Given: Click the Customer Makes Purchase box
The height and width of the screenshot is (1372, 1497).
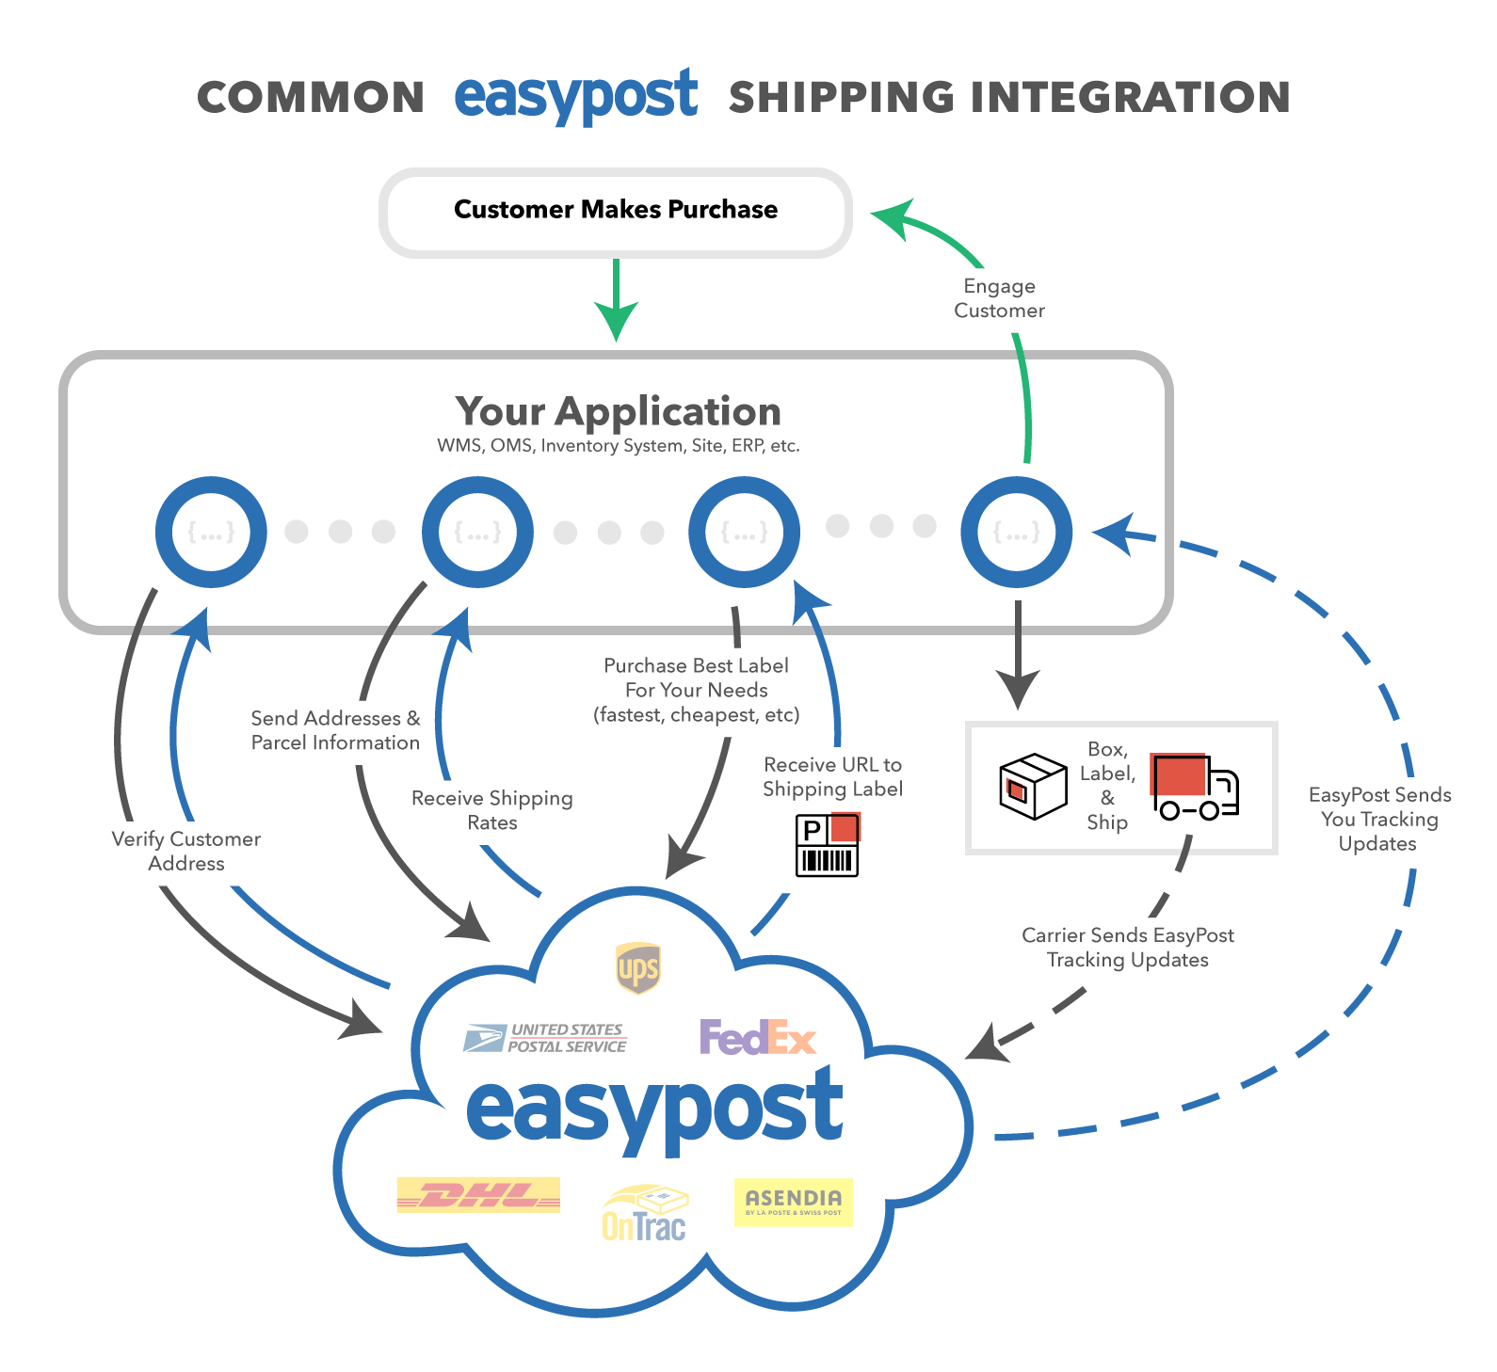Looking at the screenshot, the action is click(x=616, y=213).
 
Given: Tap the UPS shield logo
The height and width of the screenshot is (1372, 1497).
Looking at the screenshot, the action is click(x=637, y=968).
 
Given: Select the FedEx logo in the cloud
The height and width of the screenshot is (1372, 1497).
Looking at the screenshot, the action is click(x=758, y=1038).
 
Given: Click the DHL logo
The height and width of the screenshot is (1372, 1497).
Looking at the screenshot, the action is click(x=478, y=1195).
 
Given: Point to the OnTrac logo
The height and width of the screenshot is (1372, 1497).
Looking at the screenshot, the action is click(x=645, y=1213).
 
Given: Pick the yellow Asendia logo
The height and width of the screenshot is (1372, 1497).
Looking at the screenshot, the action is click(x=794, y=1203).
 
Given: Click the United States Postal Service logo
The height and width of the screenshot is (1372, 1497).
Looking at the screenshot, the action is click(x=545, y=1038).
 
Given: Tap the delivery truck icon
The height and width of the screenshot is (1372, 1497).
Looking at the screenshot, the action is click(x=1194, y=787).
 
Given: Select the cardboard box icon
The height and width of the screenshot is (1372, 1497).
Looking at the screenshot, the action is click(x=1033, y=787).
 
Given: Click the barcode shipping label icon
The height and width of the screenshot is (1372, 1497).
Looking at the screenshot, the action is click(x=828, y=845).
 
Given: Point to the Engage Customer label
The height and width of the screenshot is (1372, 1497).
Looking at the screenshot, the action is click(x=999, y=298).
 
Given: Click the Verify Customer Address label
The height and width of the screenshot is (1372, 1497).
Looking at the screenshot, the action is click(x=186, y=851).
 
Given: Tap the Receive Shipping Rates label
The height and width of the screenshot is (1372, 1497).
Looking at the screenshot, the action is click(x=492, y=810).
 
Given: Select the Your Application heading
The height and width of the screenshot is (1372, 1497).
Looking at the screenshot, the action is click(x=619, y=411).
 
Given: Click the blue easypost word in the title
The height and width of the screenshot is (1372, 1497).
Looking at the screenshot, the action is click(x=576, y=96).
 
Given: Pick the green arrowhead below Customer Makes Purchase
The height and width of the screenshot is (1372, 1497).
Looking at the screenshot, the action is click(x=616, y=321).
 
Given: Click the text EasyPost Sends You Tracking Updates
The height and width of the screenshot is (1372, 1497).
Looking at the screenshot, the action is click(x=1379, y=819).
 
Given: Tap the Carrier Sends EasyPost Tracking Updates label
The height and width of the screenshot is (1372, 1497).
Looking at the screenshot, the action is click(x=1128, y=948).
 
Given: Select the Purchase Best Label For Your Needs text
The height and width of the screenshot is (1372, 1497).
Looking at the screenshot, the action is click(x=697, y=690).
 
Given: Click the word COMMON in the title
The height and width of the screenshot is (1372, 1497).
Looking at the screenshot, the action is click(x=311, y=98).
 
